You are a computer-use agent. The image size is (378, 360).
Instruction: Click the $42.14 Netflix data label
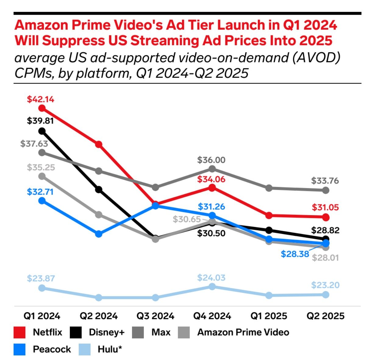coord(41,99)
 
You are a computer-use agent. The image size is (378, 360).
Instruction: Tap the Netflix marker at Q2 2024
coord(99,144)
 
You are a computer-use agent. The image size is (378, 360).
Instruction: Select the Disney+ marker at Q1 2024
coord(42,131)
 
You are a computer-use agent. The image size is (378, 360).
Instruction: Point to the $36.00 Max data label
coord(211,160)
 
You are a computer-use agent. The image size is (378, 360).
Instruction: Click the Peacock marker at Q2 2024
coord(99,234)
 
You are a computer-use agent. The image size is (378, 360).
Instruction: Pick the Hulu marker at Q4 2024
coord(212,286)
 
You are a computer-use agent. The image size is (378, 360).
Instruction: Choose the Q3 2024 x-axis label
coord(155,316)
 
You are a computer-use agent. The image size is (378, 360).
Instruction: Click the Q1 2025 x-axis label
coord(269,316)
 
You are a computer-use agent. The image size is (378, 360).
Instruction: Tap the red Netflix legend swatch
coord(20,332)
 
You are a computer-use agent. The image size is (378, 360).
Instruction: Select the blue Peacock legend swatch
coord(20,349)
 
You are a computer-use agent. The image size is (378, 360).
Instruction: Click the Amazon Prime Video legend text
coord(243,332)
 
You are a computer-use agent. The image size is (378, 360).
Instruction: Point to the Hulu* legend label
coord(110,349)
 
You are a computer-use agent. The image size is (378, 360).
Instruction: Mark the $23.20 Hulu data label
coord(325,285)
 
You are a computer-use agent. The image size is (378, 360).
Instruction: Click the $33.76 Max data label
coord(325,181)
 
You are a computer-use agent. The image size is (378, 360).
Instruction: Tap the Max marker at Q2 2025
coord(326,190)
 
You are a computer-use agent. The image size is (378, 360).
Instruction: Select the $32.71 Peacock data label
coord(40,192)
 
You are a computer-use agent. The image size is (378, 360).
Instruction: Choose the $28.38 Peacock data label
coord(295,254)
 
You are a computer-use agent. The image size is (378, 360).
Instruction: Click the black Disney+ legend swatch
coord(76,332)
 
